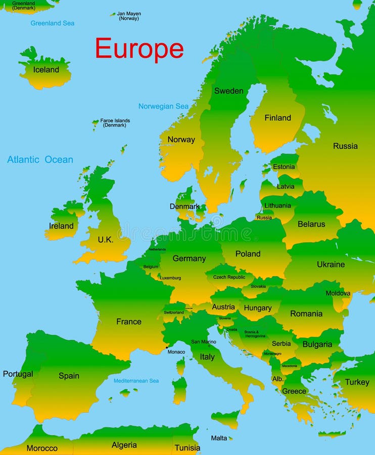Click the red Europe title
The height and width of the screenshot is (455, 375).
139,49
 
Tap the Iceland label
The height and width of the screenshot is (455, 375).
46,70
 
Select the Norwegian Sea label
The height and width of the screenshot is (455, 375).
163,106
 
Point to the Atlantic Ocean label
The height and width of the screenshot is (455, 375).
40,160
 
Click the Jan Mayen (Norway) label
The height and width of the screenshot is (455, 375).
128,16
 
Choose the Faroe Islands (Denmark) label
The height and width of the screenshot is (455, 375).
115,123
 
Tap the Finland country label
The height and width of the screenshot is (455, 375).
277,118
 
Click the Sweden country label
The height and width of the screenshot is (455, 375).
228,91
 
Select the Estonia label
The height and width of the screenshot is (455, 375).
283,167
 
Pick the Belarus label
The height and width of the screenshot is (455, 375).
311,224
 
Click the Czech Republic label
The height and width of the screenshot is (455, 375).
229,277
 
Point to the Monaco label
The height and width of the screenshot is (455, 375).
176,352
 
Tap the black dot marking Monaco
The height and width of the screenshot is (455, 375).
167,347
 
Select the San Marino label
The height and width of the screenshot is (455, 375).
203,342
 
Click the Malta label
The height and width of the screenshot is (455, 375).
219,438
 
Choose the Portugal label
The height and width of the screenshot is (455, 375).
18,374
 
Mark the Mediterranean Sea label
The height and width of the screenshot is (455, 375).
136,381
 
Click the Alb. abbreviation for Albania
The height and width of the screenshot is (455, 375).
277,379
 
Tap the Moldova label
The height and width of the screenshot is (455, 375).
338,293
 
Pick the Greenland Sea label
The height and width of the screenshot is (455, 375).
52,23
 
